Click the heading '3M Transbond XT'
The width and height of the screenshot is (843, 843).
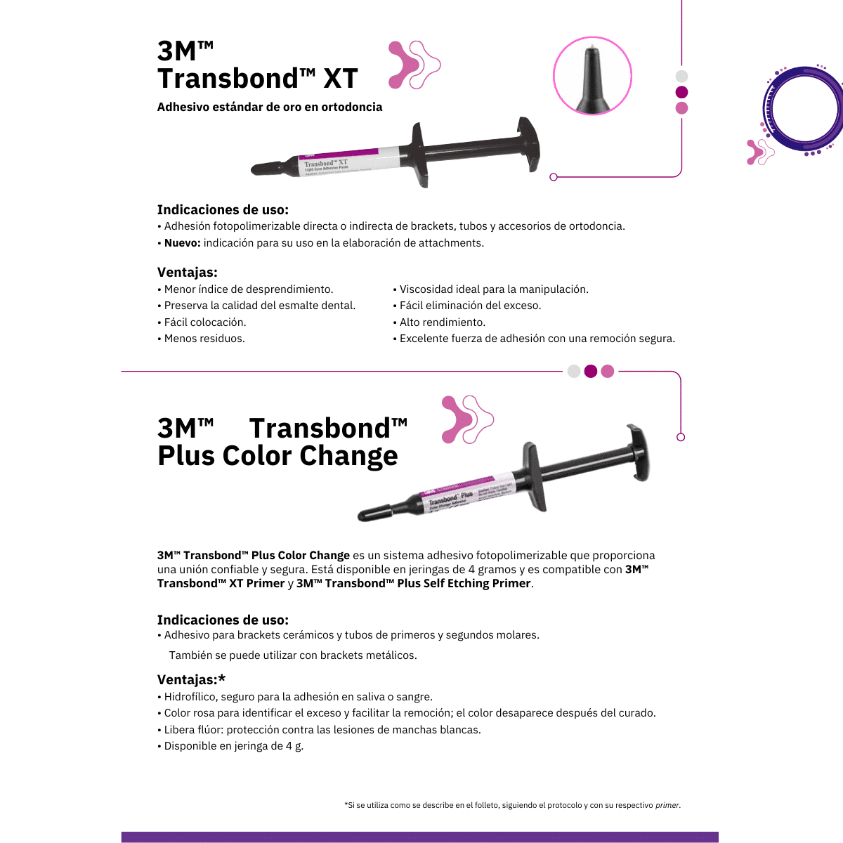(257, 65)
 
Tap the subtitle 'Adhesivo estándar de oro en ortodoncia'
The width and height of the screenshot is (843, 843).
(270, 107)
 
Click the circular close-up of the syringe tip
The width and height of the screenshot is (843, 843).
(592, 76)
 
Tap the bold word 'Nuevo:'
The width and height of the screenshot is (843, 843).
(183, 243)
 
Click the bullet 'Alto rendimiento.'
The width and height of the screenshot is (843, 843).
(442, 322)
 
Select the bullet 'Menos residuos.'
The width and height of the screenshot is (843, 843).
(204, 339)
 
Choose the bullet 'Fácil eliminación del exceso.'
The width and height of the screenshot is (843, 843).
(470, 306)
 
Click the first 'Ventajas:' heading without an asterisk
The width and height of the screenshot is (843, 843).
(187, 273)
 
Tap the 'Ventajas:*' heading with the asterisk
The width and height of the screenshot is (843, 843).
(191, 679)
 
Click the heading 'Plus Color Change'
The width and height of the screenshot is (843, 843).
(277, 456)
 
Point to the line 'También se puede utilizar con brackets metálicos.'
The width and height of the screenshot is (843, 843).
(293, 655)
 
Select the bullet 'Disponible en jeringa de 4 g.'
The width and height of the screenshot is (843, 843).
(233, 746)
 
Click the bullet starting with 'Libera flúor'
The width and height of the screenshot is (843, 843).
(322, 730)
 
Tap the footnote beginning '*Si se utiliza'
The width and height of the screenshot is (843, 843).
(512, 805)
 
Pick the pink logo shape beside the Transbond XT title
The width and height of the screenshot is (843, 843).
(414, 65)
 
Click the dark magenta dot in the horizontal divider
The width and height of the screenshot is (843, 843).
(591, 371)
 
